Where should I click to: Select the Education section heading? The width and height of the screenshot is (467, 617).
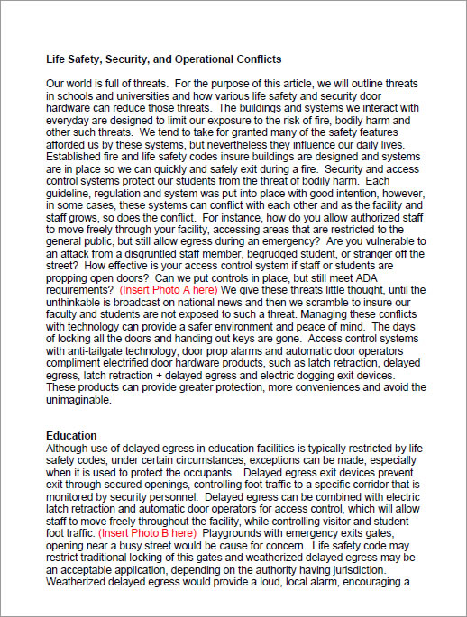point(72,436)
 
